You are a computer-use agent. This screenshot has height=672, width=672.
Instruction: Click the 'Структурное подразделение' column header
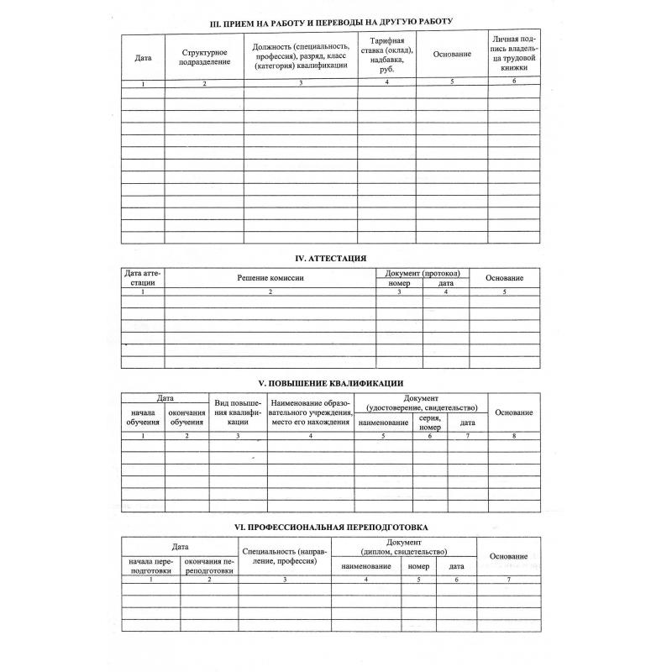pos(205,57)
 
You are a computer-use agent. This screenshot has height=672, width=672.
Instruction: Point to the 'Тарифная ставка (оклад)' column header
pos(386,56)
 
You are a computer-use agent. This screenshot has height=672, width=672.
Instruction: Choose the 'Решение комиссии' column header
pos(270,278)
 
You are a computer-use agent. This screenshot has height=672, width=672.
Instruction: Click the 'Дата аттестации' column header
pos(143,278)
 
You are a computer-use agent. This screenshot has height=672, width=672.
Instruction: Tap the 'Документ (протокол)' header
pos(423,274)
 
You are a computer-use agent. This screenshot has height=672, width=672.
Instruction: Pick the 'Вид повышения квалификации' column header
pos(239,412)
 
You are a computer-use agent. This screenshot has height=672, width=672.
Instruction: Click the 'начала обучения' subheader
pos(143,417)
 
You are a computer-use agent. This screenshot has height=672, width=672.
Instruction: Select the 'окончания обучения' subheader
pos(186,417)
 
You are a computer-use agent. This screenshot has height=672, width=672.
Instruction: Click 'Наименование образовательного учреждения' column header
pos(311,412)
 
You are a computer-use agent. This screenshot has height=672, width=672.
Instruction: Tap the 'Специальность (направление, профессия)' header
pos(284,555)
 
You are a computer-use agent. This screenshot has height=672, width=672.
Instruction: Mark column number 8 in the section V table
pos(512,435)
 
